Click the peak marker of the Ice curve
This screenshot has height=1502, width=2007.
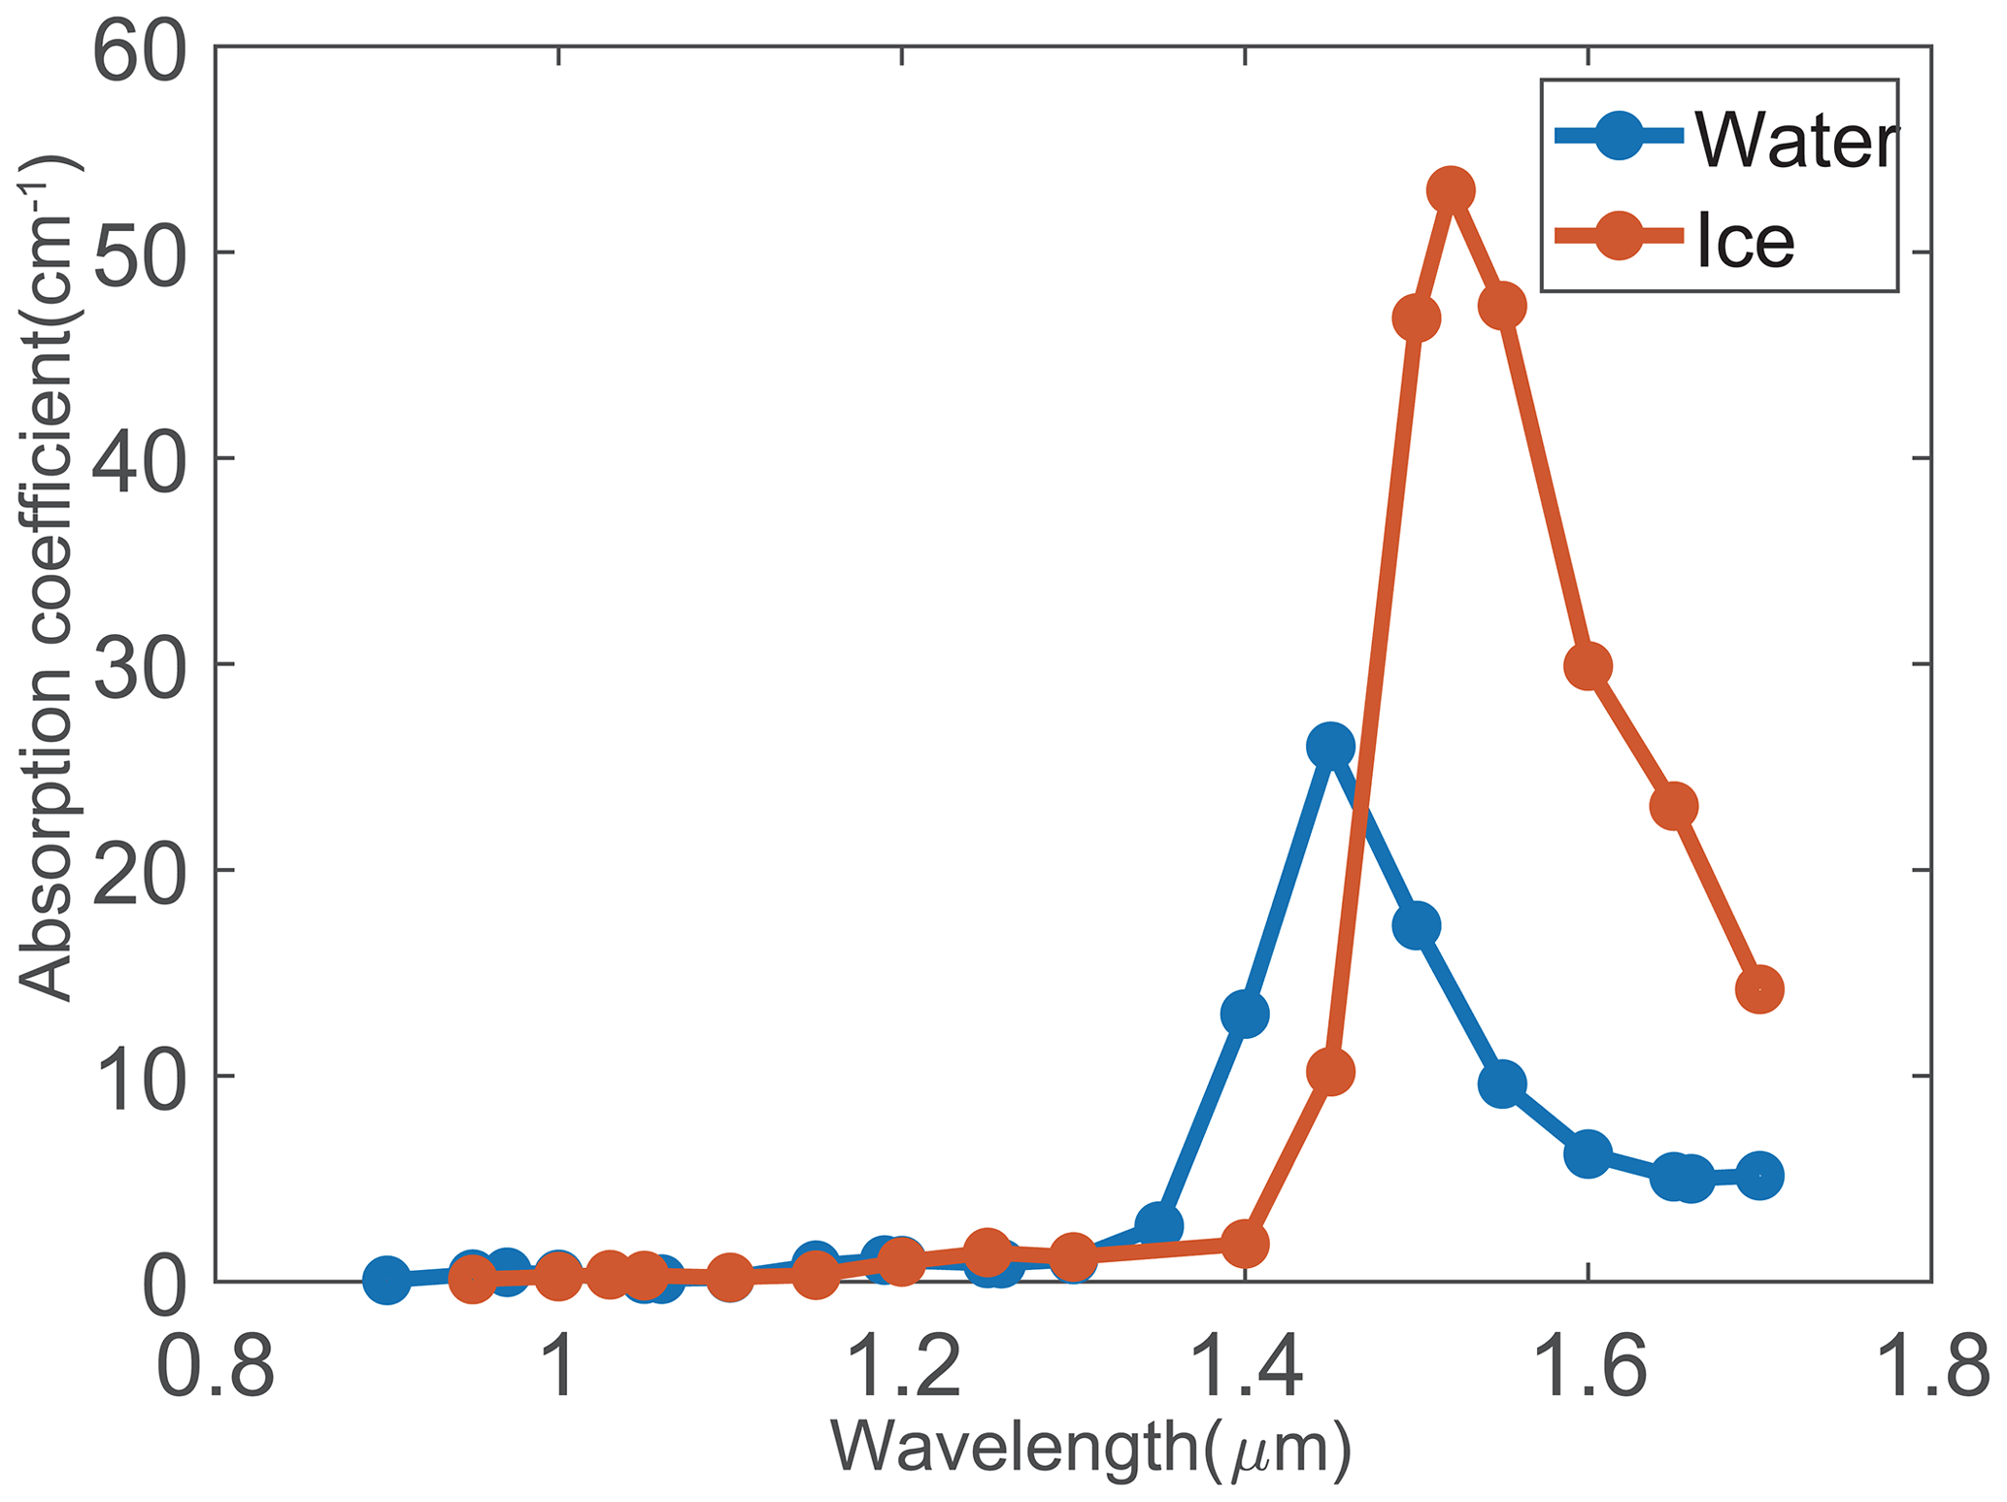click(1450, 190)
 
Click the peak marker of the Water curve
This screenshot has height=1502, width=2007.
click(1330, 747)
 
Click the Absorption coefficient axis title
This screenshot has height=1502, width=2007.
click(49, 579)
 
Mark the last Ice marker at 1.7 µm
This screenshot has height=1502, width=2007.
click(1758, 989)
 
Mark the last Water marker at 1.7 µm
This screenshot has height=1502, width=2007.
click(1758, 1176)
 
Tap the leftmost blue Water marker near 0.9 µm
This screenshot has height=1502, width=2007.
click(386, 1279)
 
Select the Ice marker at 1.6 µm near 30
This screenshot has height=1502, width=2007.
click(1588, 666)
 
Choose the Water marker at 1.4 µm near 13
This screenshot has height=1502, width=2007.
click(1245, 1015)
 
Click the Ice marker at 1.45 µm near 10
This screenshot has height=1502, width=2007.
click(1330, 1072)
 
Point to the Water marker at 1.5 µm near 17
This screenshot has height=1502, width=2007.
click(1416, 925)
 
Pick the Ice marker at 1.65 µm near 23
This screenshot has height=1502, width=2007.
click(1673, 806)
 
